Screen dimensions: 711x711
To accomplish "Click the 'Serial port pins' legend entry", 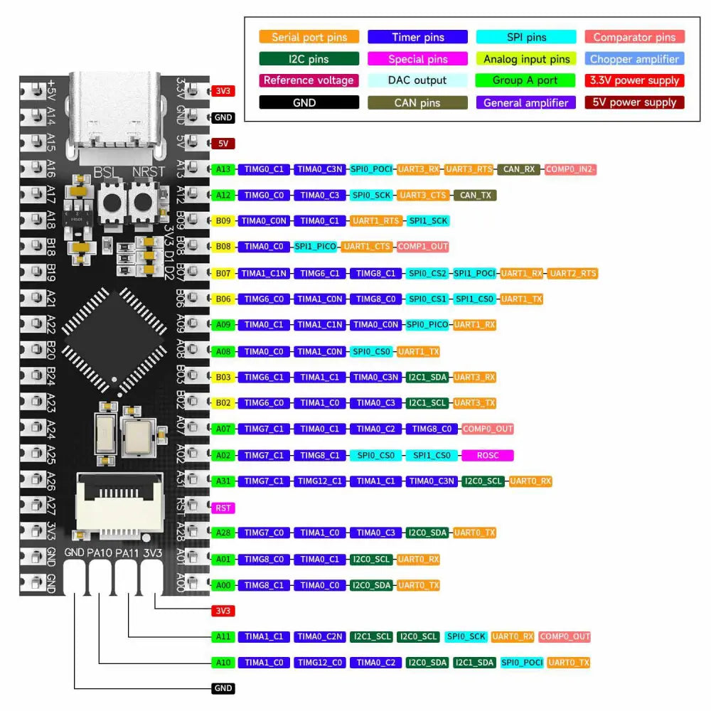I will (309, 37).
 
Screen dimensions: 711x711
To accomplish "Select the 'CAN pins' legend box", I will (417, 102).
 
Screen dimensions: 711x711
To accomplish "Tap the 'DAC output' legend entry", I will (417, 80).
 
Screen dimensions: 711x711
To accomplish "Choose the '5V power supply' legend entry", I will (635, 102).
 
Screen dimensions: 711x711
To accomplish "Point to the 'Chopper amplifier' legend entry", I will (635, 59).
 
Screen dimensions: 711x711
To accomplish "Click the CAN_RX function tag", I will (519, 169).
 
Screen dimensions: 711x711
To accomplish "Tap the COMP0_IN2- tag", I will (571, 169).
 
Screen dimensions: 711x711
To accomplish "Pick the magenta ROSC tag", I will (488, 455).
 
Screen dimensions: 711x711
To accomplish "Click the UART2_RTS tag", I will (573, 273).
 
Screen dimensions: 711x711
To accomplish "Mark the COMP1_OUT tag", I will (423, 247).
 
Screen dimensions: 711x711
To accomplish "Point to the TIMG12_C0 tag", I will (319, 663).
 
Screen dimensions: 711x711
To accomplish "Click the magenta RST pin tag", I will (223, 508).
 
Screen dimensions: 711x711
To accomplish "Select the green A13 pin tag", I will (223, 169).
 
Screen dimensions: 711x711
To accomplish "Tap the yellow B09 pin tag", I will (223, 221).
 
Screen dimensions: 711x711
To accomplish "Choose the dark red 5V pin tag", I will (223, 143).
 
